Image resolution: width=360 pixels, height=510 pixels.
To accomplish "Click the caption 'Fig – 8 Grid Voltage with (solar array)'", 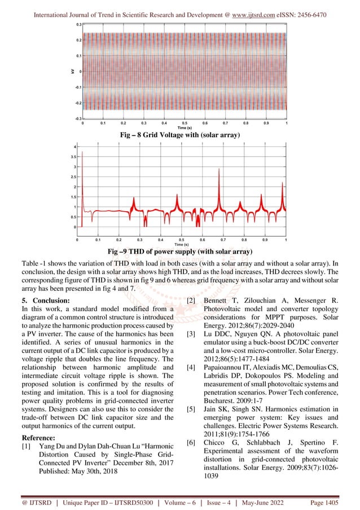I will coord(181,136).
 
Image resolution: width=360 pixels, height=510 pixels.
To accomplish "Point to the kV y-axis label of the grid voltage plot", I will coord(72,71).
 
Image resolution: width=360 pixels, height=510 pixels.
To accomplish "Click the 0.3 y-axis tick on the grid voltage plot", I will coord(80,25).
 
